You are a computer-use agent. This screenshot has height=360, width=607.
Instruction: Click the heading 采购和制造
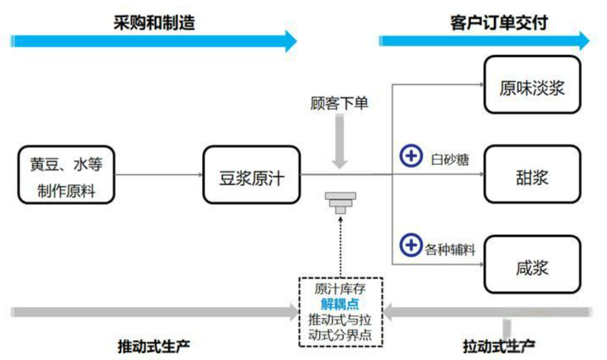tap(154, 23)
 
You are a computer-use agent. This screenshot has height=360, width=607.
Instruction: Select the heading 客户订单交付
tap(499, 23)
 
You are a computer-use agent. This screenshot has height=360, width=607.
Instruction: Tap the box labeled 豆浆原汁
tap(251, 175)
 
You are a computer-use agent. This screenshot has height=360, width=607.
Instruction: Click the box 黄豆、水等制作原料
tap(66, 175)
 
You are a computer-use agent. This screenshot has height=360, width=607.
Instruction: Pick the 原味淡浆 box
tap(532, 85)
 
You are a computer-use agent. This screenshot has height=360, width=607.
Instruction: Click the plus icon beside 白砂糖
tap(411, 156)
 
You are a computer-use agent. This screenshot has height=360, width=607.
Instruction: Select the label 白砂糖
tap(450, 160)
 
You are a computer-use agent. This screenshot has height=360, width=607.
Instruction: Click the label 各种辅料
tap(450, 250)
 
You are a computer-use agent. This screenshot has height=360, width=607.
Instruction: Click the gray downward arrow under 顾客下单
tap(339, 142)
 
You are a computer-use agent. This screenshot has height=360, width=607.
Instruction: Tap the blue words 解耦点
tap(340, 304)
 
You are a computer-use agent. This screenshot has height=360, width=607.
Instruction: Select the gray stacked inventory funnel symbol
tap(340, 203)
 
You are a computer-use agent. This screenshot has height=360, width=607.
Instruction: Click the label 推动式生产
tap(154, 347)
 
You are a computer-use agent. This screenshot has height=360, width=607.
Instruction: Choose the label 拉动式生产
tap(499, 347)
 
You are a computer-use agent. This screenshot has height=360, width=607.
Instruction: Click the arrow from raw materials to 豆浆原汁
tap(158, 175)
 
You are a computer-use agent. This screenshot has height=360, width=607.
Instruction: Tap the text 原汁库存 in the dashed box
tap(340, 289)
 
